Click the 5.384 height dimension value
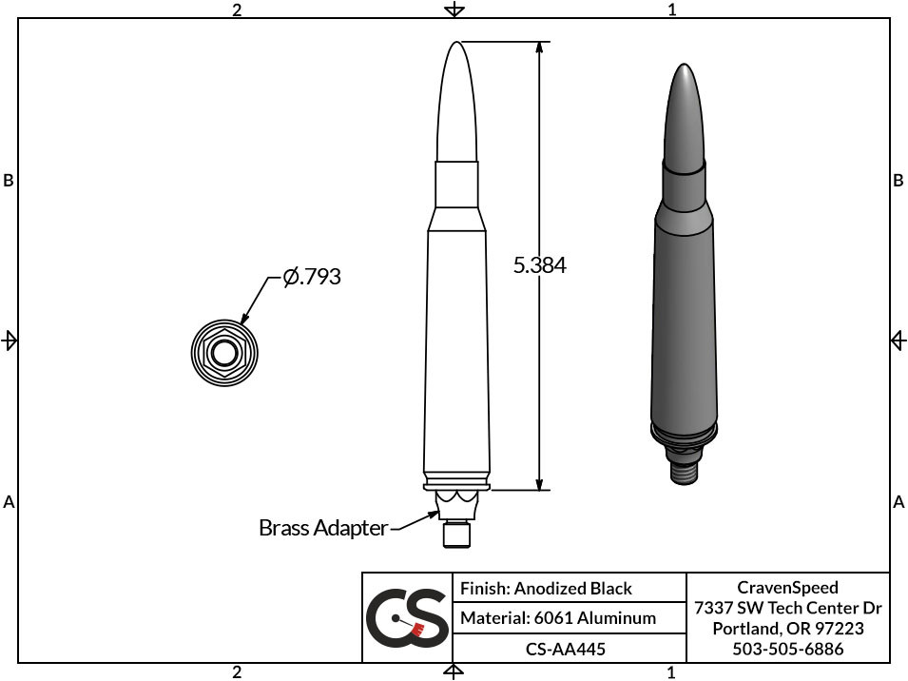pos(539,265)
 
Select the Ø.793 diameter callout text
pos(312,278)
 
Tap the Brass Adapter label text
pos(322,527)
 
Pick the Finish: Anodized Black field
pos(546,589)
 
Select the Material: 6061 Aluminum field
pos(558,618)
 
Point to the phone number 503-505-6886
pos(787,649)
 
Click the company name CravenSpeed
pos(787,588)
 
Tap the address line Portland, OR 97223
pos(787,629)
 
